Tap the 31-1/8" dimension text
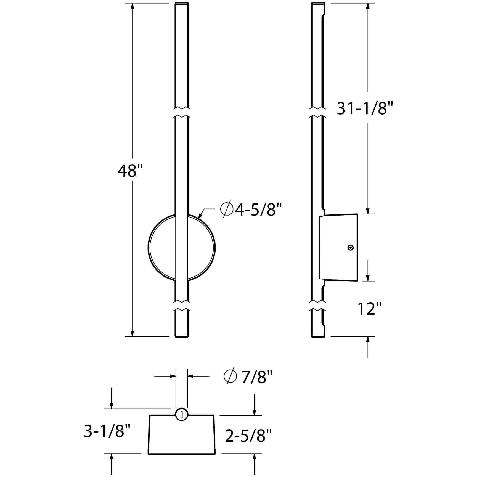click(365, 108)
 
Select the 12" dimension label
click(369, 309)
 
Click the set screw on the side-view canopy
click(351, 248)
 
